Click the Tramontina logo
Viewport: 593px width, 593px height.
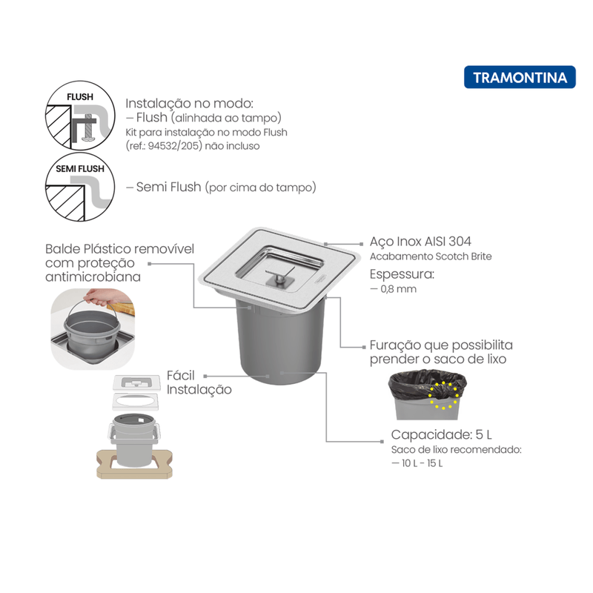[520, 77]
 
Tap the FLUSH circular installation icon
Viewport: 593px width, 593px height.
[80, 116]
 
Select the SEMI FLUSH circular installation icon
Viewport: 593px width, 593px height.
[80, 187]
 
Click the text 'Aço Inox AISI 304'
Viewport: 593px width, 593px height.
[420, 242]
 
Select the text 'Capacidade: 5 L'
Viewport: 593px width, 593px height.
[441, 434]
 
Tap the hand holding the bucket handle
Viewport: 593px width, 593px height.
[100, 297]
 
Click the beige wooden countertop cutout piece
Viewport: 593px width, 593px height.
[135, 464]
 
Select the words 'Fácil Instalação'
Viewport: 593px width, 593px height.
[199, 382]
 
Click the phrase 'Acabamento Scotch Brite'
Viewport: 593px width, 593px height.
[431, 256]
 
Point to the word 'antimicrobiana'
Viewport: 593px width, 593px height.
[93, 276]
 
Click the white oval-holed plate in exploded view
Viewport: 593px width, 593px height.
[136, 401]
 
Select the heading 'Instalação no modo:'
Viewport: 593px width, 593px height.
[189, 103]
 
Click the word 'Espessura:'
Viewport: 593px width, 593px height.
[402, 274]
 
